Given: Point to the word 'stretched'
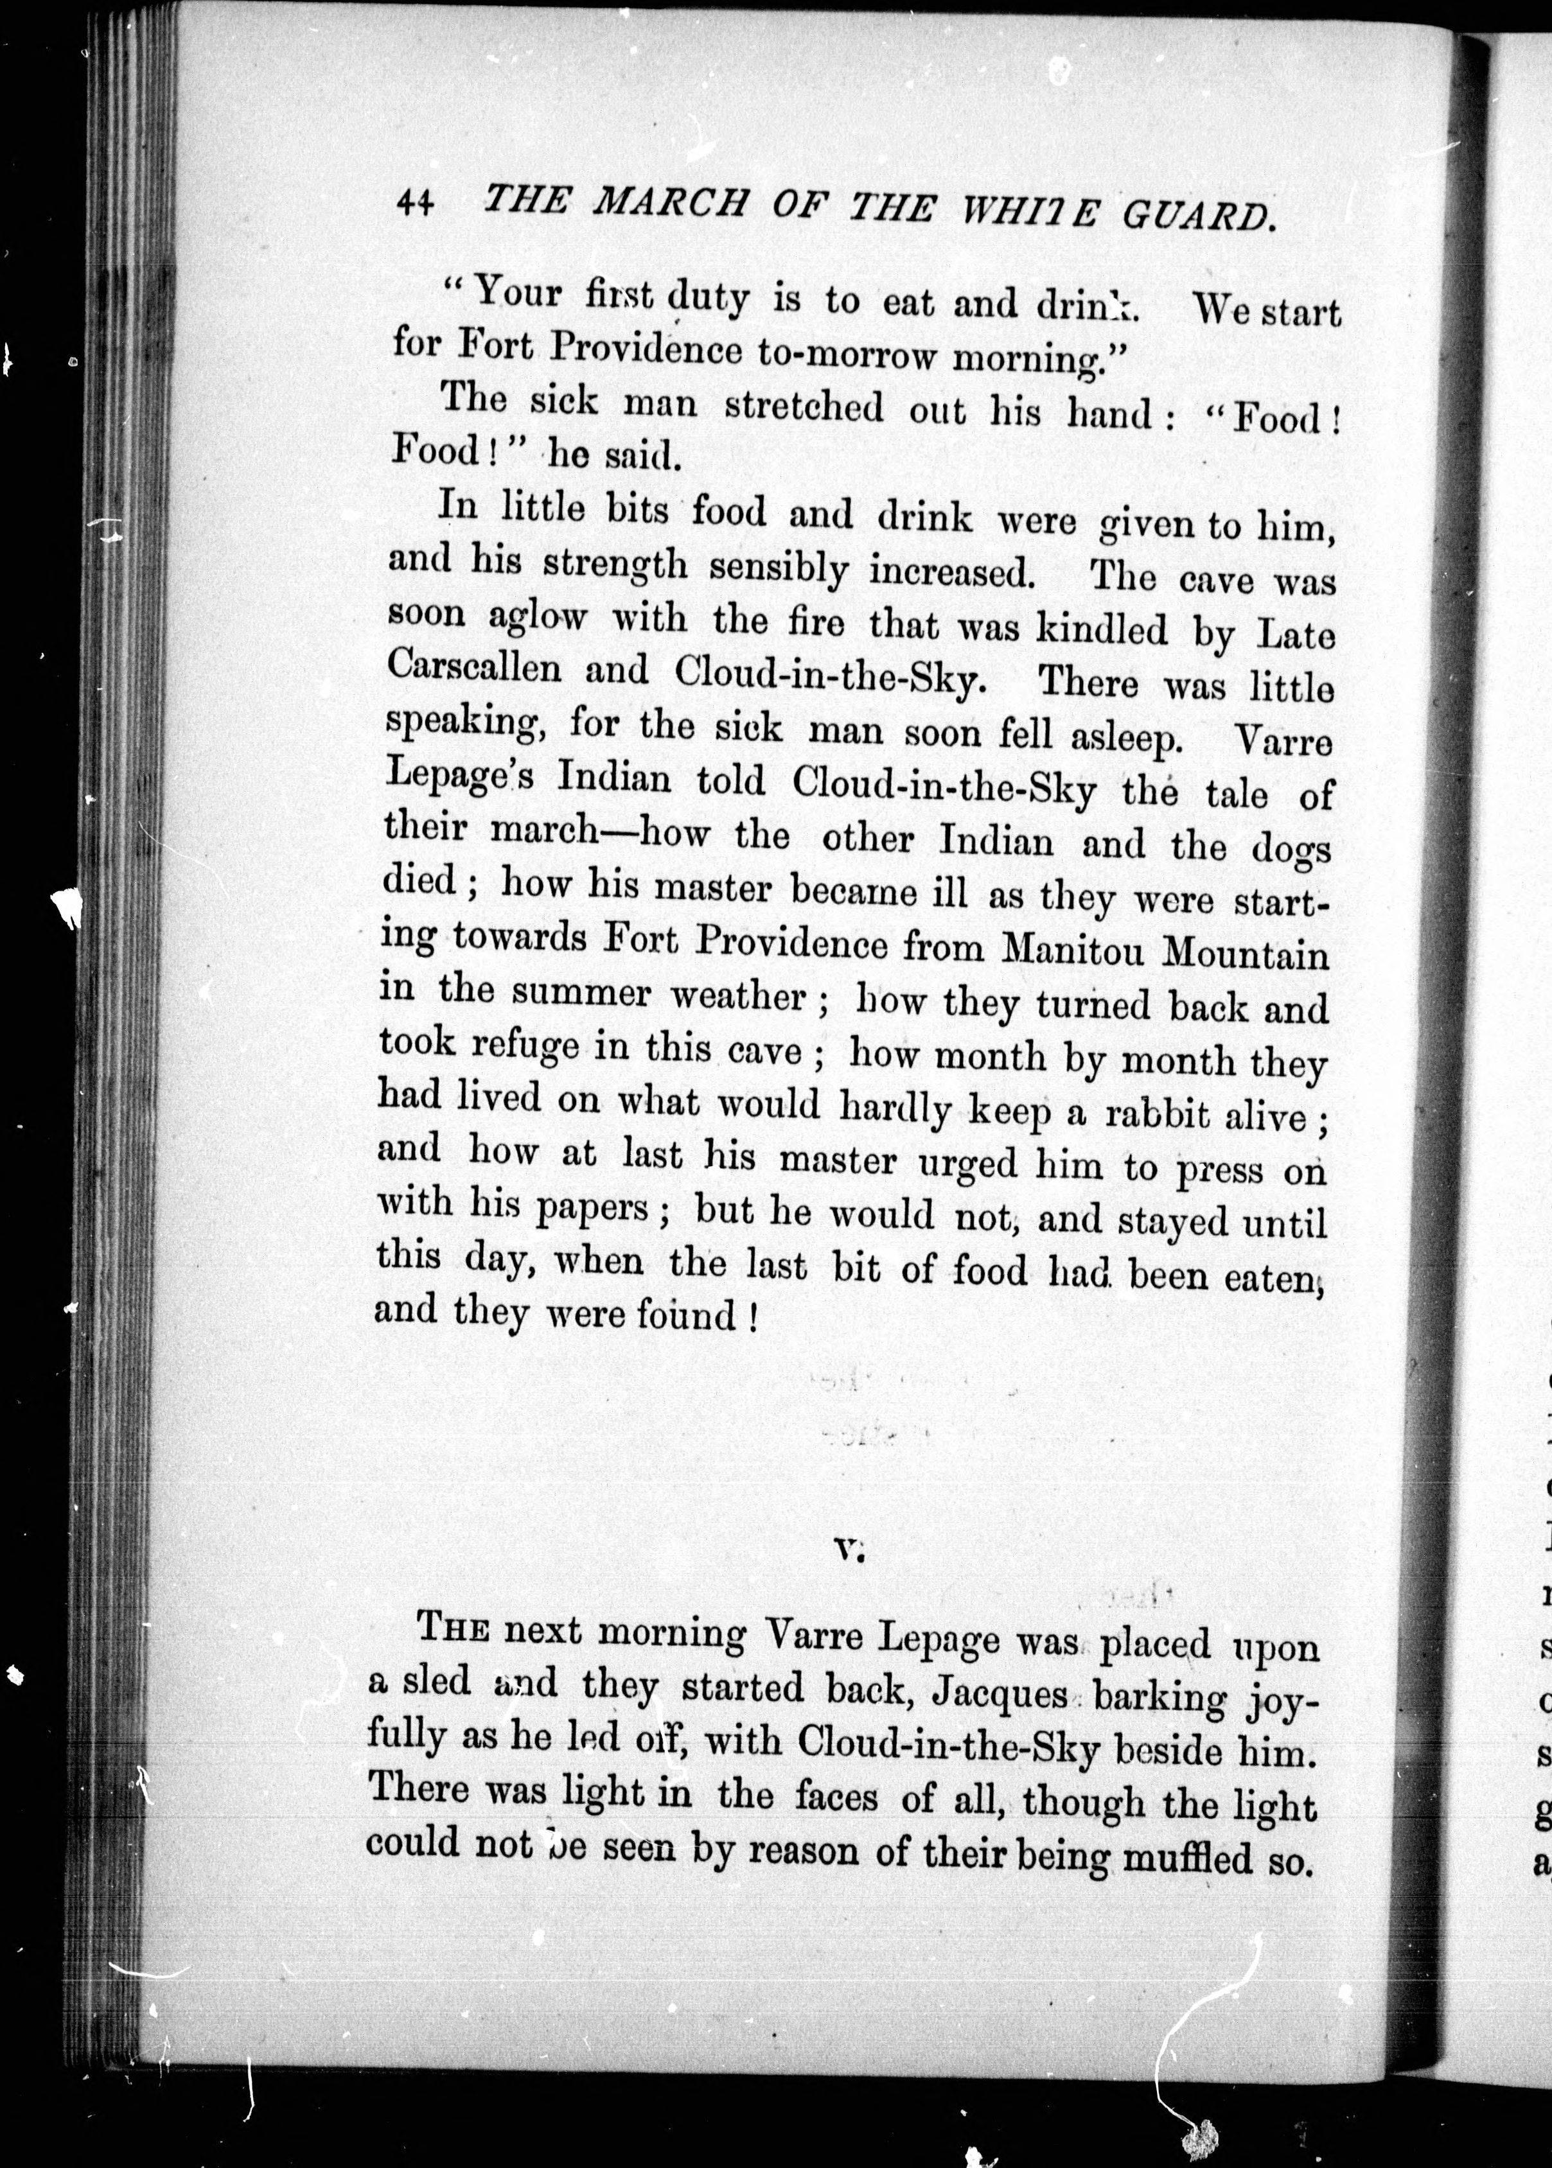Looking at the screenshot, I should pyautogui.click(x=803, y=407).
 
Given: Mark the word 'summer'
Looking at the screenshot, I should pyautogui.click(x=581, y=993).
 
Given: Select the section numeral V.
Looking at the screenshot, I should pyautogui.click(x=848, y=1551).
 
